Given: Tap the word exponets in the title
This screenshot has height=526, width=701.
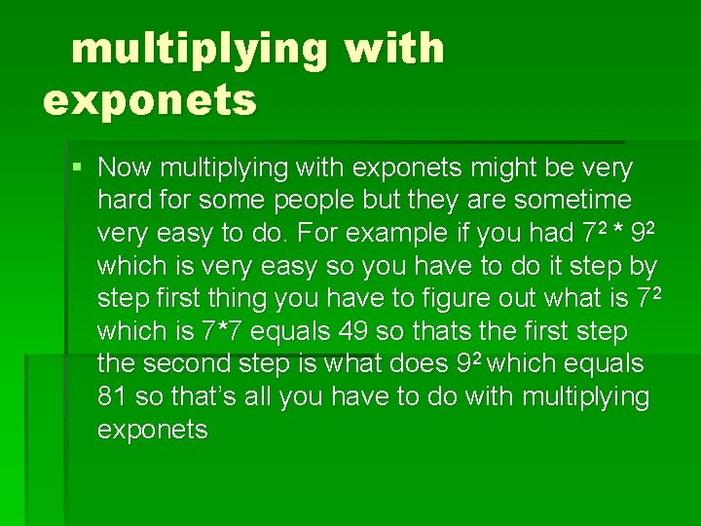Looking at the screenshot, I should [x=150, y=99].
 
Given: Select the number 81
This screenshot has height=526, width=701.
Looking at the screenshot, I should [x=114, y=396].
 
